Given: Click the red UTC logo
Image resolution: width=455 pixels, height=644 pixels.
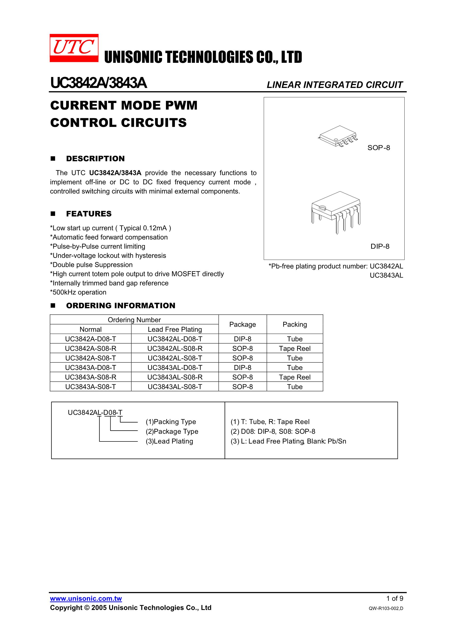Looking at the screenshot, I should point(74,48).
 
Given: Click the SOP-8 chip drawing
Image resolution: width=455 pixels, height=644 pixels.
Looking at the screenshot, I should point(338,136).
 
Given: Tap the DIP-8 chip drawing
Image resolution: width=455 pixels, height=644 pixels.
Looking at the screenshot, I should point(336,212).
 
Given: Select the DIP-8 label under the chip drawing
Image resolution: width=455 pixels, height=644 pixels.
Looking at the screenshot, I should point(380,246).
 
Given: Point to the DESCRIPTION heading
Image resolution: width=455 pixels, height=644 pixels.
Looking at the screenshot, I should point(95,159).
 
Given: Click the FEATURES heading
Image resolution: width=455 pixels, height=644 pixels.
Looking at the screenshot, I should point(89,214).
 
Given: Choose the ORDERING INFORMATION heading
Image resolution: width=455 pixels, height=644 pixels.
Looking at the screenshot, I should point(121,306).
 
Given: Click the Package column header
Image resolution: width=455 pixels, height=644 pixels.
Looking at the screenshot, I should point(242,324).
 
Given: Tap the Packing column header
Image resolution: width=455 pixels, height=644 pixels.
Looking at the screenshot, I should point(294,324).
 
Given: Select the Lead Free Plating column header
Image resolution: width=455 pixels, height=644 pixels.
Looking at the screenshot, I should point(175,329).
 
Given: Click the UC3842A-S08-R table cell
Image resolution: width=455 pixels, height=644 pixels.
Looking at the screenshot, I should point(91,348).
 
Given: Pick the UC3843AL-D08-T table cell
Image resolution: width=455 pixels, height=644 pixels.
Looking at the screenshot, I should point(175,367).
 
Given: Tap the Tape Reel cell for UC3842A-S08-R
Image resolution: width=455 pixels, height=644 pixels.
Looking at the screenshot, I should point(294,348).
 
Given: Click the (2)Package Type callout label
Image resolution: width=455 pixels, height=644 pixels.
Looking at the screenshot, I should point(172,431).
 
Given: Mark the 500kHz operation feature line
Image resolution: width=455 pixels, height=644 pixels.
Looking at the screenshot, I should point(78,292).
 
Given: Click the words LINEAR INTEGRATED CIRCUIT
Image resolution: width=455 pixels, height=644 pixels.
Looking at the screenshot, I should point(334,85).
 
